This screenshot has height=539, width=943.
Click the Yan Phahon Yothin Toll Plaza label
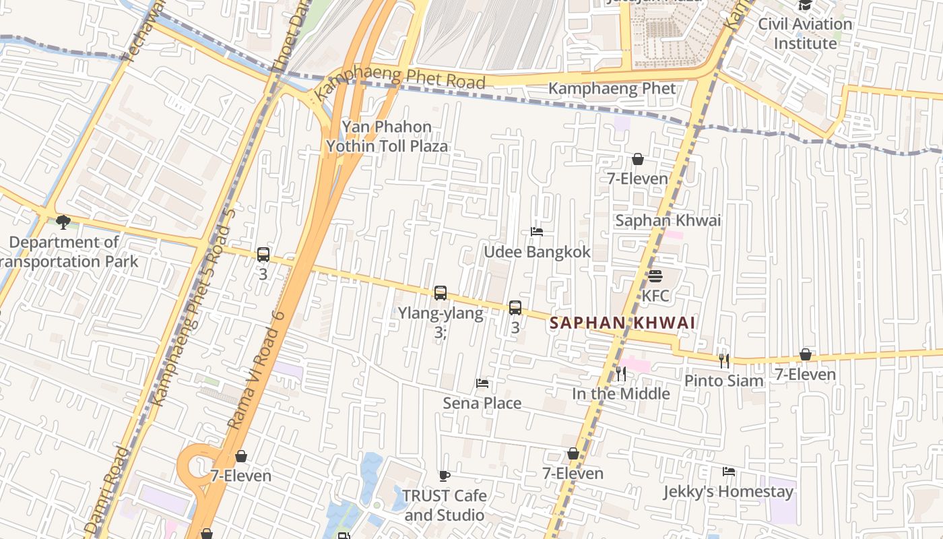point(387,136)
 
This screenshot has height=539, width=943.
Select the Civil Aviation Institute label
point(805,34)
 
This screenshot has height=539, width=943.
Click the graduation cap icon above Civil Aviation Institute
point(805,5)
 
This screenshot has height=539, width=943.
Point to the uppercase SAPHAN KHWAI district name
point(622,323)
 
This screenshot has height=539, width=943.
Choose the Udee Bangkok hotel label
point(537,252)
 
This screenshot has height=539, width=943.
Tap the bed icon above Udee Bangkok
point(537,232)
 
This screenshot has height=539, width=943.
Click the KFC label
point(655,296)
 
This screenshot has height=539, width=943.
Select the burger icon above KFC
point(655,276)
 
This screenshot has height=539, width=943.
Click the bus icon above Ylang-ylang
point(441,293)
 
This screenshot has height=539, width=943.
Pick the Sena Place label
point(482,403)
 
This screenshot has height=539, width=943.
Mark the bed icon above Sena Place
point(482,383)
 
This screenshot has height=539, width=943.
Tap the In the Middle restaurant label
point(621,393)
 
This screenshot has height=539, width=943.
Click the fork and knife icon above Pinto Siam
point(724,361)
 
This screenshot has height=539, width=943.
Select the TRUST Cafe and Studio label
point(445,505)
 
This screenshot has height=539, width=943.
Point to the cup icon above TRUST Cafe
point(445,476)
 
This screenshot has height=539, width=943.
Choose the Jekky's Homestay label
point(728,491)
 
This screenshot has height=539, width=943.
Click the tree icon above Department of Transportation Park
point(63,222)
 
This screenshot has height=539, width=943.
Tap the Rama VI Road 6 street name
point(256,371)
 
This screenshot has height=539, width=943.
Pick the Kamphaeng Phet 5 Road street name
point(193,307)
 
